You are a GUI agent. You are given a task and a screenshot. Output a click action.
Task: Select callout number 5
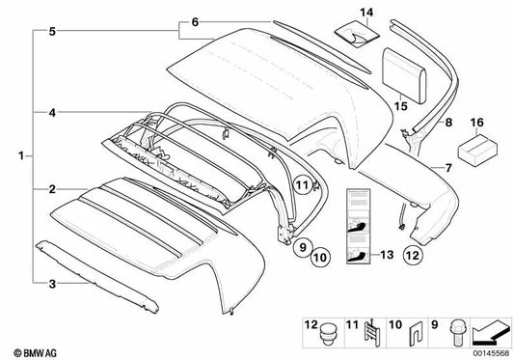[40, 31]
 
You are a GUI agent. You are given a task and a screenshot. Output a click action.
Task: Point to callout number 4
[40, 114]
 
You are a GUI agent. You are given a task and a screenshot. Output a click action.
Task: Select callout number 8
[446, 124]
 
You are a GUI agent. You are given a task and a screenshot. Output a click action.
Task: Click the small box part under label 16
[473, 149]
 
